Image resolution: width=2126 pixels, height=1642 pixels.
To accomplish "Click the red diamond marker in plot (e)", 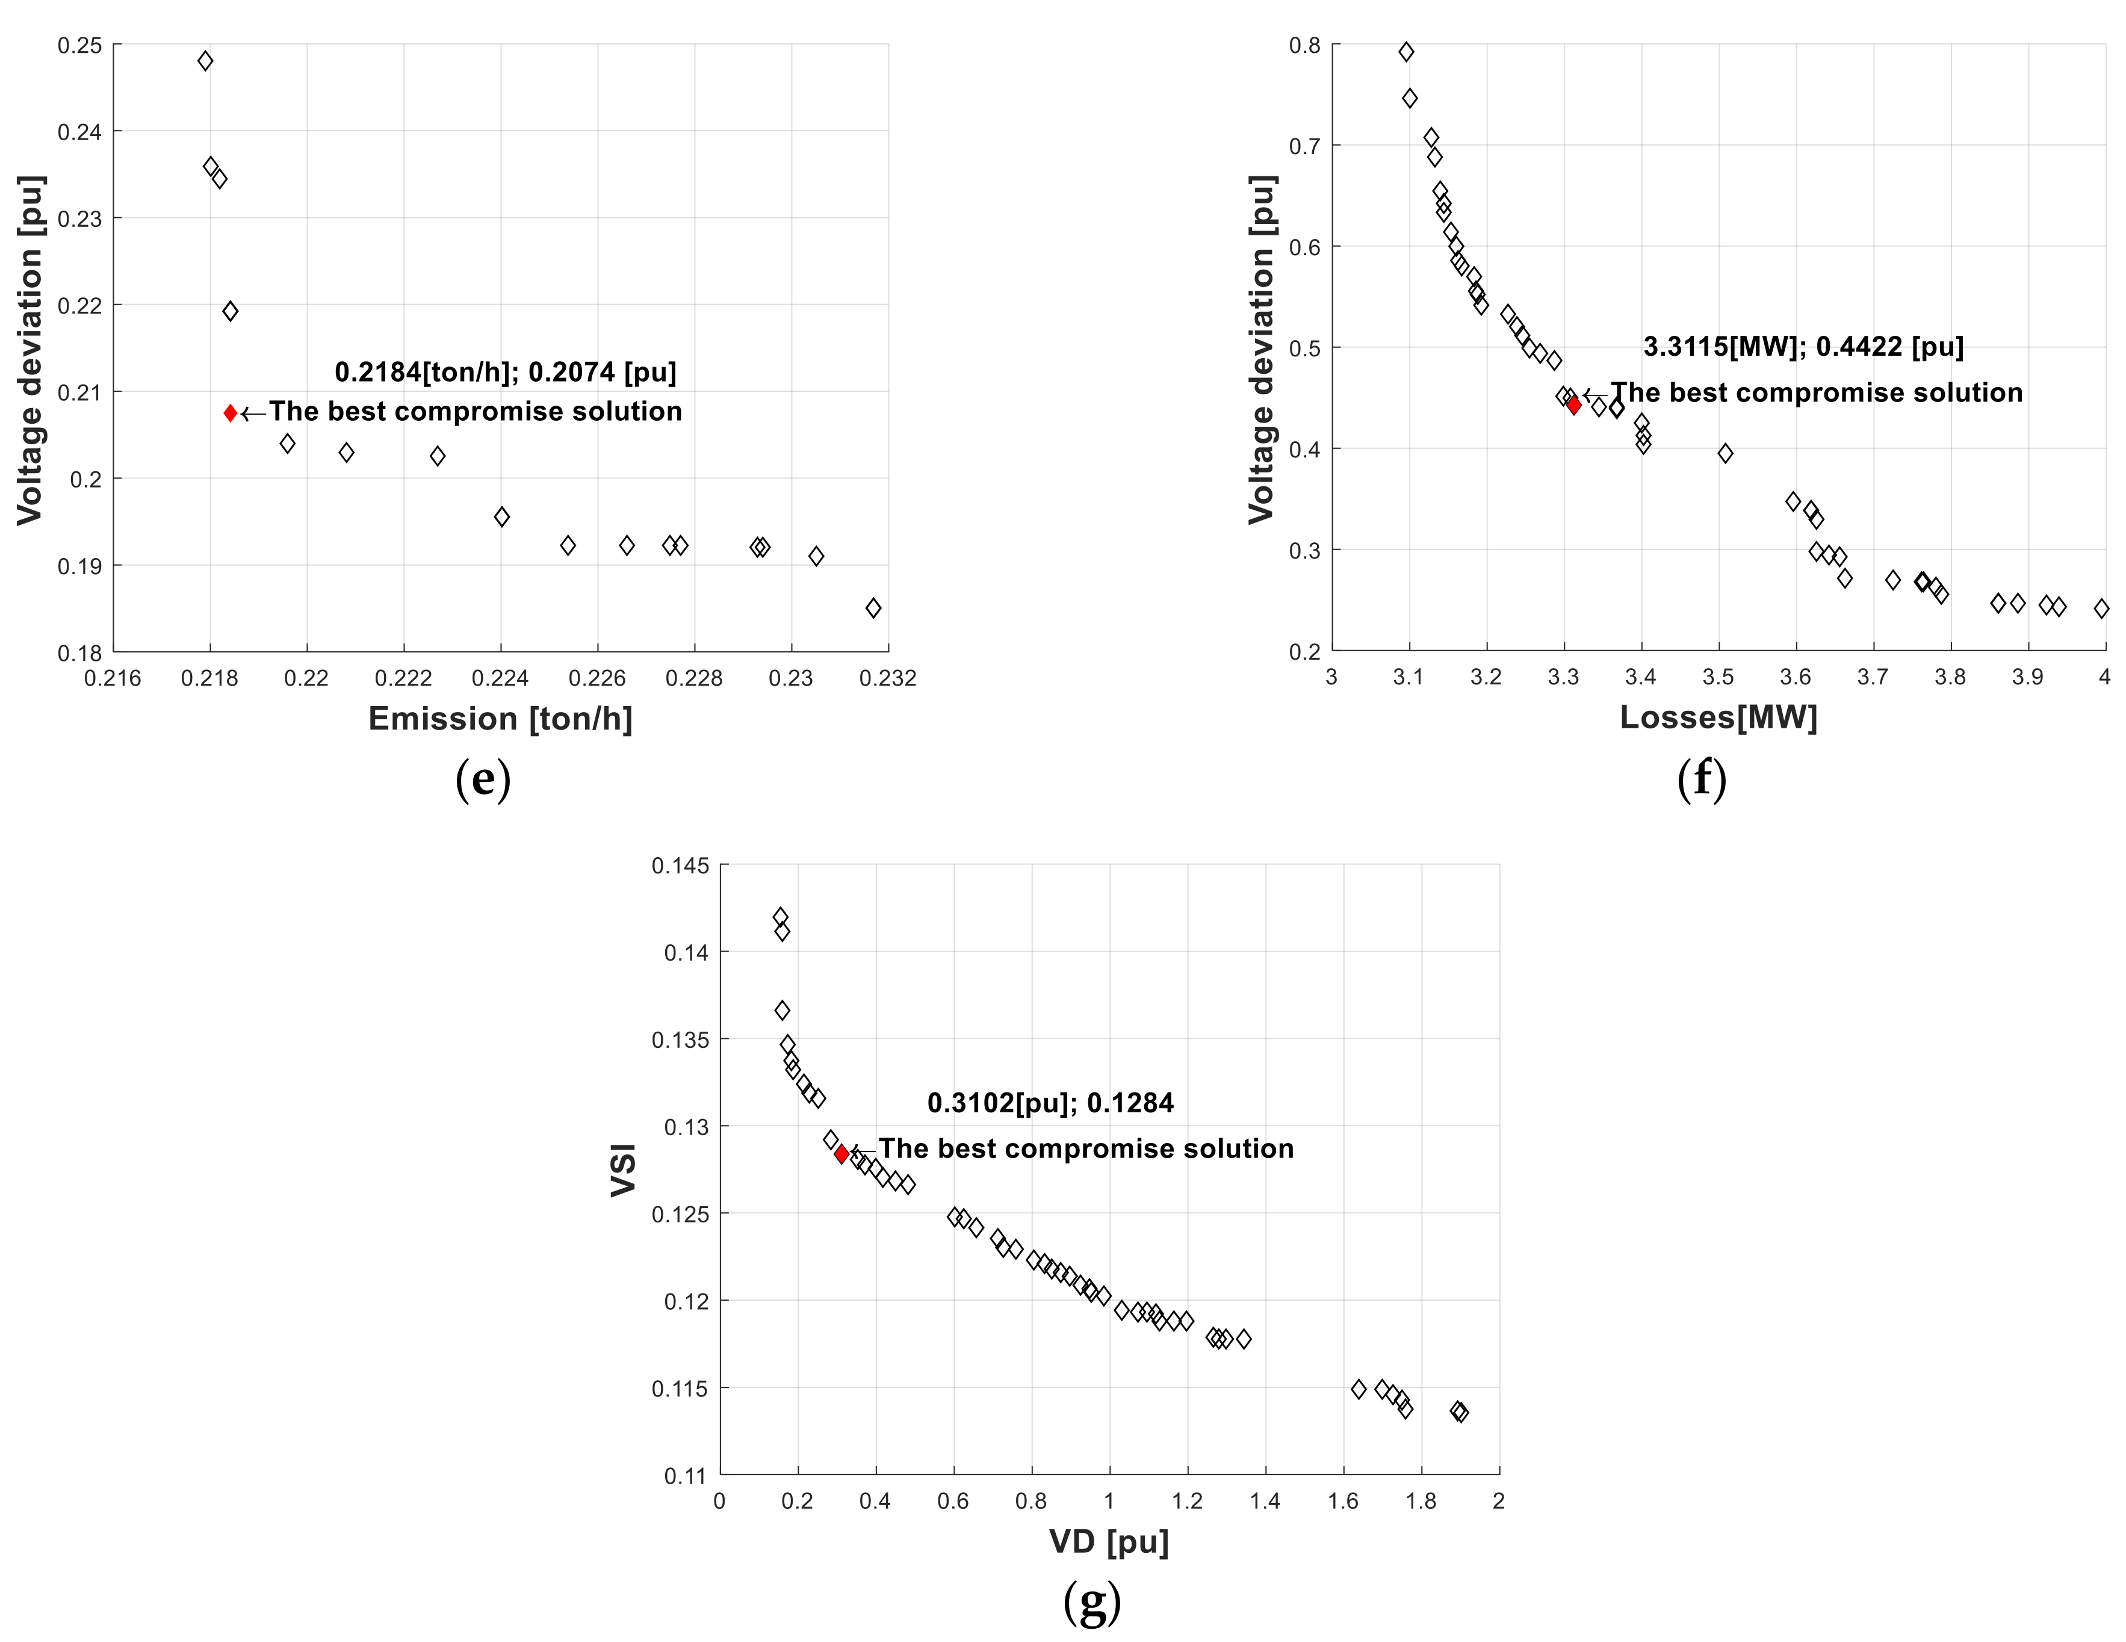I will coord(230,413).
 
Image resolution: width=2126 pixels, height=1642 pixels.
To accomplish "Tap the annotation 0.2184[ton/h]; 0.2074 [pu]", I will coord(505,372).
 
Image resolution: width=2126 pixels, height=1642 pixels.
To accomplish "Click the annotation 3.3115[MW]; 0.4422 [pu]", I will coord(1803,347).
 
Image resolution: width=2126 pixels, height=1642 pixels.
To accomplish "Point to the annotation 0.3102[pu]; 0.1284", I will coord(1050,1103).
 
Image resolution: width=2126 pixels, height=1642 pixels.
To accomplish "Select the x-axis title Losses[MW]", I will coord(1718,717).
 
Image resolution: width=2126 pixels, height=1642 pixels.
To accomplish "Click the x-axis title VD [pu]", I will coord(1109,1541).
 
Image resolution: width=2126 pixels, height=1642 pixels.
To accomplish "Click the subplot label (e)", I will coord(483,779).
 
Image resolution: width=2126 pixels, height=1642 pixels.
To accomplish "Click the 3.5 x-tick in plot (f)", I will coord(1718,677).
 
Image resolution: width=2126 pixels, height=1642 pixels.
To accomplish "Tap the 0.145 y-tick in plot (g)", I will coord(680,866).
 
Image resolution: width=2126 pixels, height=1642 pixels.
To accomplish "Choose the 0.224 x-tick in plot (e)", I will coord(500,678).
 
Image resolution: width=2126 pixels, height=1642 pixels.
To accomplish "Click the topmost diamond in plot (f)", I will coord(1405,52).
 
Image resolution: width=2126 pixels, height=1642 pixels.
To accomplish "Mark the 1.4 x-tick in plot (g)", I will coord(1265,1501).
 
